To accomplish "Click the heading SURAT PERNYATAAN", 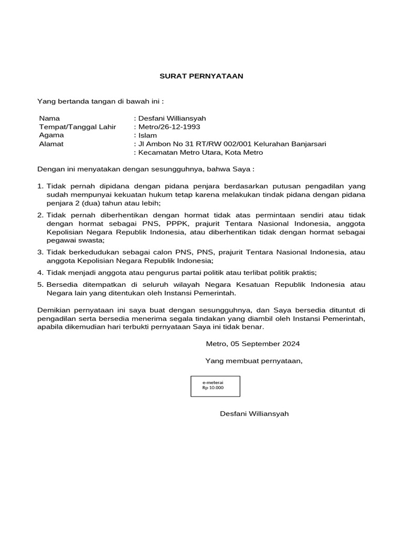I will pos(201,76).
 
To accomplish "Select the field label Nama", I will pos(50,119).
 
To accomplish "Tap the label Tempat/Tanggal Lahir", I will pos(78,127).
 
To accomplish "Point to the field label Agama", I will pos(51,135).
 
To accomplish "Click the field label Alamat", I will pos(51,144).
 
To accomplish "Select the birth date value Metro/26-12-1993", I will pos(169,127).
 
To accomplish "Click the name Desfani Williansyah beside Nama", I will pos(172,119).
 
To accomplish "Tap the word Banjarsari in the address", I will pos(309,144).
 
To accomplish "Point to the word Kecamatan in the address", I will pos(156,153).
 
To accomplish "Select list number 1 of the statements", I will pos(40,186).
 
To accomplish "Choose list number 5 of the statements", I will pos(40,284).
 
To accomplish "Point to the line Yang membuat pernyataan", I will pos(254,361).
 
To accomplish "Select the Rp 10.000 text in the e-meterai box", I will pos(213,389).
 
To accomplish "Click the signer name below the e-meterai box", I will pos(254,414).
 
